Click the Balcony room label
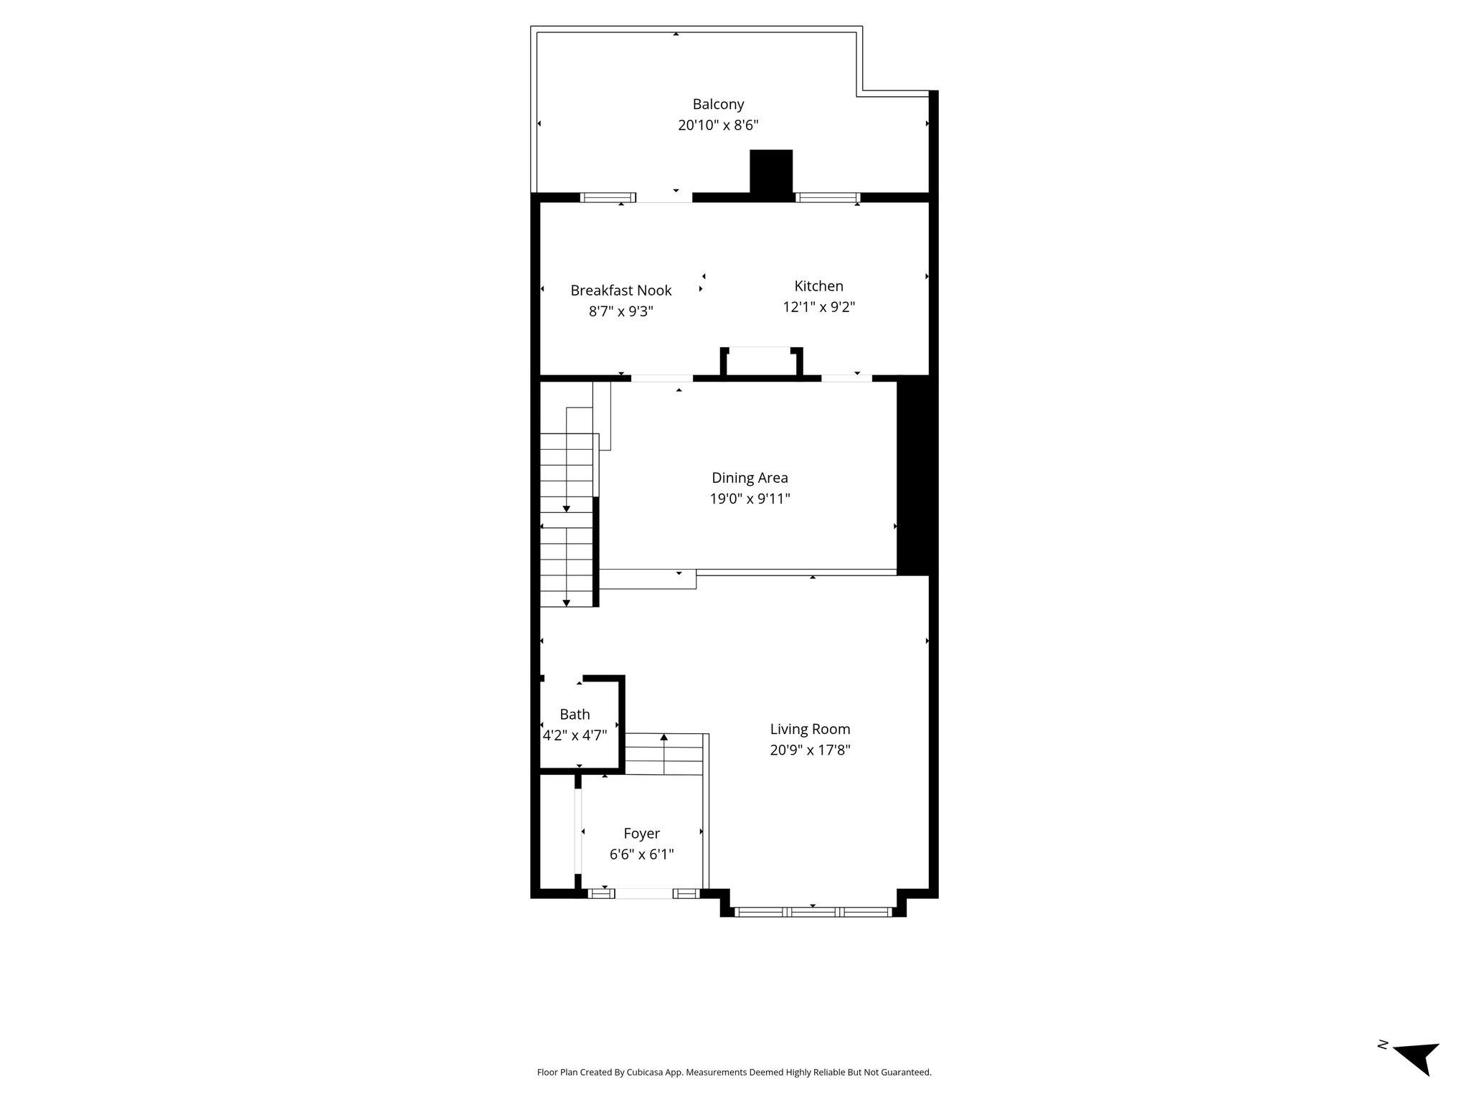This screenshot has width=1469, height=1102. tap(718, 104)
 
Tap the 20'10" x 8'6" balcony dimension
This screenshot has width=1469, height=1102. tap(718, 126)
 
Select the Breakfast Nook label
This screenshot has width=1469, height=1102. tap(621, 291)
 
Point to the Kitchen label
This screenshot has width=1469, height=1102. tap(818, 286)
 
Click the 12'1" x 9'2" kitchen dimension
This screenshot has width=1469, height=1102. tap(818, 307)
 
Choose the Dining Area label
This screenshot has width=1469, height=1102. tap(750, 478)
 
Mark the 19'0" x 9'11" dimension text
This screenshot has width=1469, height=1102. tap(750, 499)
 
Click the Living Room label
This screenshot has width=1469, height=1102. tap(810, 730)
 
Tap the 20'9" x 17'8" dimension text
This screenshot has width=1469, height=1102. tap(810, 750)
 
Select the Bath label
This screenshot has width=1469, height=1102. tap(575, 715)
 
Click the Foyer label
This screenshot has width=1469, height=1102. tap(641, 834)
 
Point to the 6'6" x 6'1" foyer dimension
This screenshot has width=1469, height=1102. tap(641, 854)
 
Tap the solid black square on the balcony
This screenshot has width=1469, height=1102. tap(771, 171)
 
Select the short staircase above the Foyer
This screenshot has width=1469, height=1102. tap(664, 754)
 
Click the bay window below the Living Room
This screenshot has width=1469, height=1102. tap(813, 912)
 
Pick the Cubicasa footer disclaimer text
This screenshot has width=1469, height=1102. tap(734, 1073)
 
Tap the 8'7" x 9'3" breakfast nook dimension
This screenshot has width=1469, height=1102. tap(621, 311)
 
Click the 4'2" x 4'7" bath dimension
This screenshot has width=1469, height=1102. tap(575, 735)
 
